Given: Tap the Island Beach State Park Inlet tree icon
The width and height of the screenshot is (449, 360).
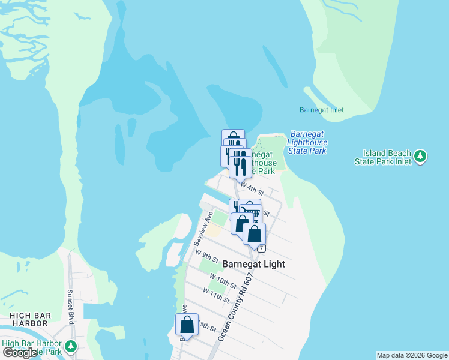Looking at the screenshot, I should click(421, 156).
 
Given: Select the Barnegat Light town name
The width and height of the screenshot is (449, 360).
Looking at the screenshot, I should click(253, 264).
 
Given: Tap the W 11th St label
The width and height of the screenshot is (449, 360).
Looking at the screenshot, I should click(216, 295).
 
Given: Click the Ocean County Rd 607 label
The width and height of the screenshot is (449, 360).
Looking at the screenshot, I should click(236, 307).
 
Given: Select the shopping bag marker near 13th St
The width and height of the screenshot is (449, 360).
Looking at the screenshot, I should click(187, 325).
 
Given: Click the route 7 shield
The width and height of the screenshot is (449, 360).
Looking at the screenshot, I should click(262, 248).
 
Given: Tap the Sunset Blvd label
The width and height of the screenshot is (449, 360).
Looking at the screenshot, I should click(70, 307).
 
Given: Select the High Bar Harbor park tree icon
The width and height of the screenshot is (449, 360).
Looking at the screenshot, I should click(71, 346).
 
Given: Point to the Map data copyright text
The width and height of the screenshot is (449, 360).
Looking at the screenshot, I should click(412, 355).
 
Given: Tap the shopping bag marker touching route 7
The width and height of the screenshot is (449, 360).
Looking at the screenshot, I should click(254, 235).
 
